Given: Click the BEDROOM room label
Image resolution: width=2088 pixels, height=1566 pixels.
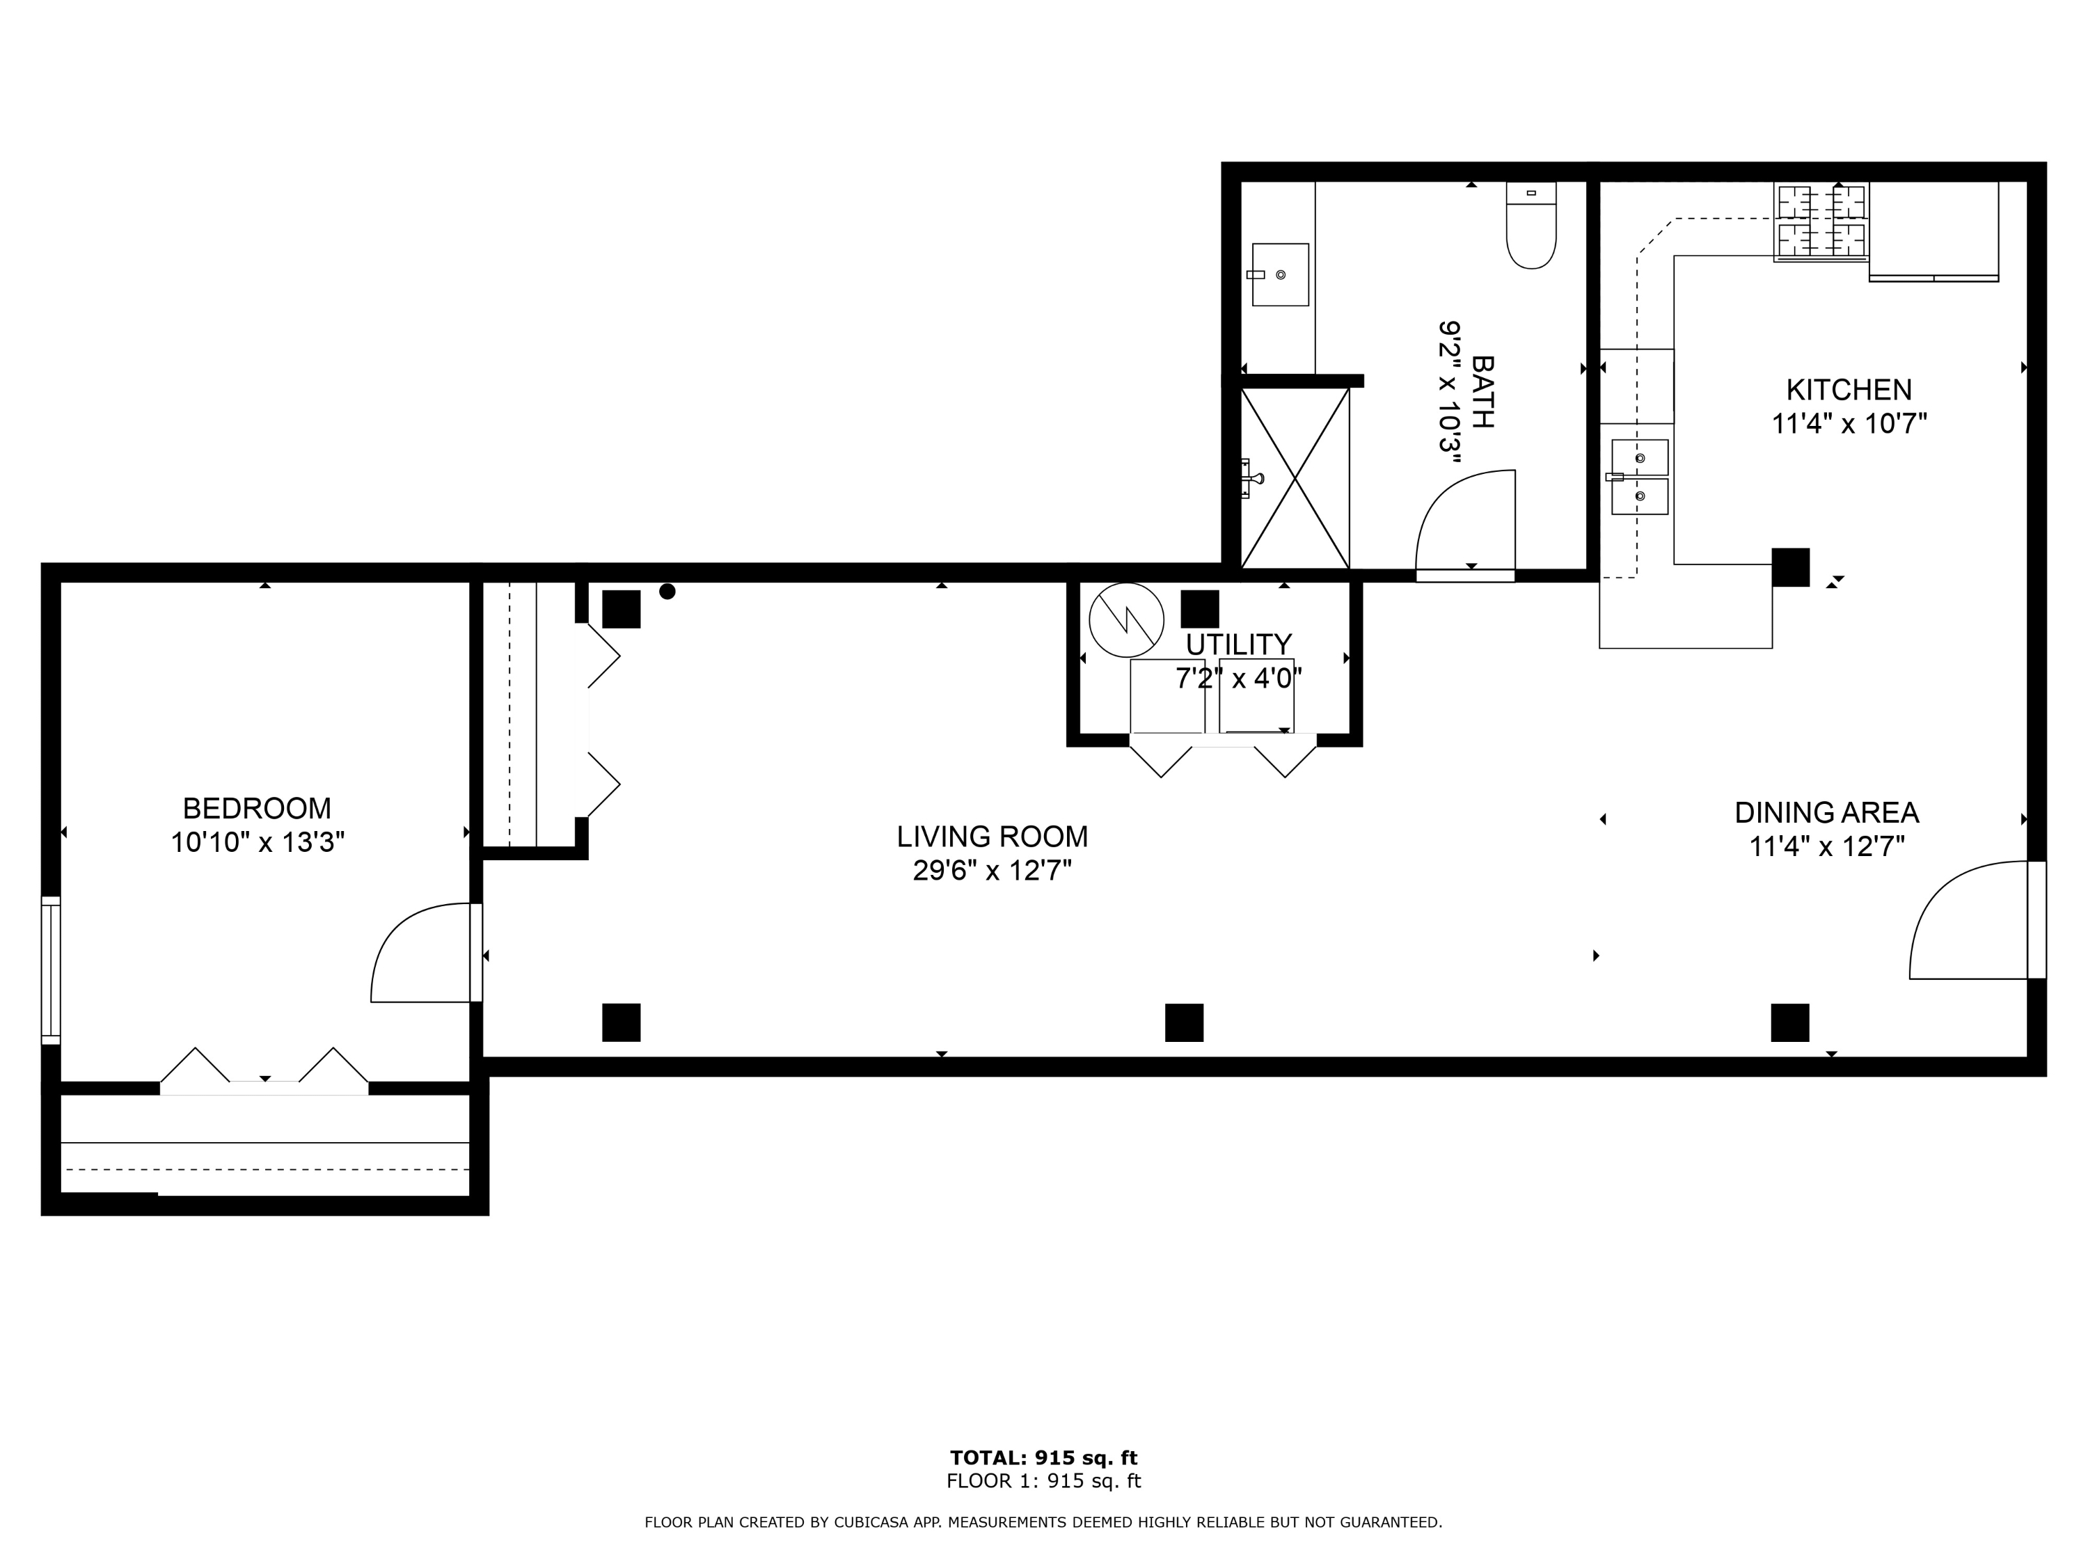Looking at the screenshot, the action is pyautogui.click(x=257, y=808).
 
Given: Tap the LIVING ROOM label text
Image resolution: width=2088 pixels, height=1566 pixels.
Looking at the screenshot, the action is pyautogui.click(x=992, y=837).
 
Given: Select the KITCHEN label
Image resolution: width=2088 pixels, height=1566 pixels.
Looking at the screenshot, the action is pyautogui.click(x=1849, y=390).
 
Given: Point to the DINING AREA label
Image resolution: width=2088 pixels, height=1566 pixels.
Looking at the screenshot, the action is pyautogui.click(x=1826, y=813).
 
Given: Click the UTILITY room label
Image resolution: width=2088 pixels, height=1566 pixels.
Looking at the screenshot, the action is pyautogui.click(x=1238, y=644).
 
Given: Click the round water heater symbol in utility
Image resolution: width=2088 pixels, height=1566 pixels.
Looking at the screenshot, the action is pyautogui.click(x=1126, y=620).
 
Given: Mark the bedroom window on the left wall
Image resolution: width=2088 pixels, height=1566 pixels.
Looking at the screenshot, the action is pyautogui.click(x=51, y=970).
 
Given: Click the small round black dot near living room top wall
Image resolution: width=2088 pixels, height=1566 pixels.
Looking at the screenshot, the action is pyautogui.click(x=667, y=592).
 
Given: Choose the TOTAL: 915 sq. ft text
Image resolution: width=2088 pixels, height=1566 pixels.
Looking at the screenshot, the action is pyautogui.click(x=1044, y=1458).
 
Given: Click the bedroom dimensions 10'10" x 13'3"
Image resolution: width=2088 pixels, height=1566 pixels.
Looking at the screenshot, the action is pyautogui.click(x=258, y=842).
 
